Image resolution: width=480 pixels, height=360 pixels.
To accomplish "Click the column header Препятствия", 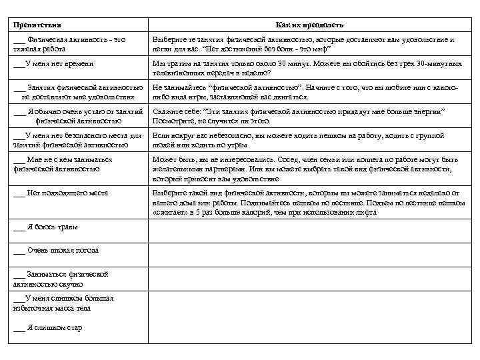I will pyautogui.click(x=37, y=25).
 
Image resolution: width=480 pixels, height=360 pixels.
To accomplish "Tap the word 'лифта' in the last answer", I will pyautogui.click(x=367, y=213).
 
